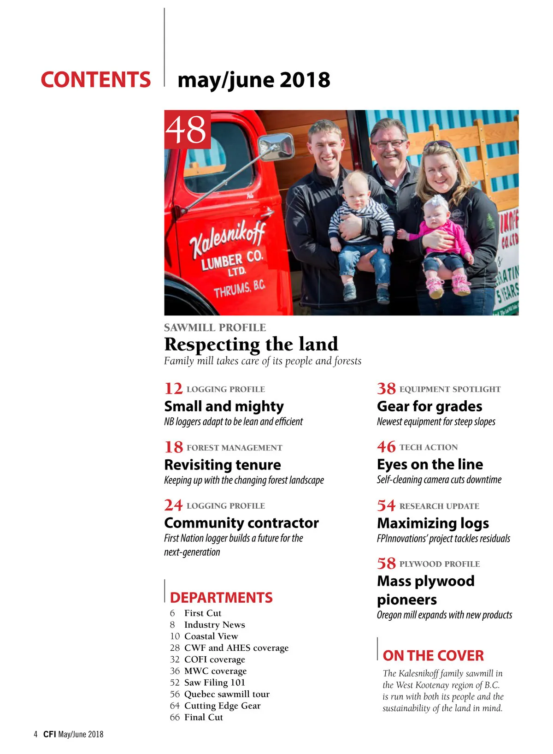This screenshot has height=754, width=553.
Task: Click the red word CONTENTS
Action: coord(95,79)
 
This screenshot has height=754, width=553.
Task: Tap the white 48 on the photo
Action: coord(187,130)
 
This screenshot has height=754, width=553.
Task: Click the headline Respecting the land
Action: coord(251,344)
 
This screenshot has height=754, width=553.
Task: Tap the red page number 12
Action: coord(173,389)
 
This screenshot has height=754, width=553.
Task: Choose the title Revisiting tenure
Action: coord(223,465)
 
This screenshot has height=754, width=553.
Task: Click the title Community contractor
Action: coord(241,523)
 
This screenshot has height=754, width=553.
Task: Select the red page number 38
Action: coord(386,389)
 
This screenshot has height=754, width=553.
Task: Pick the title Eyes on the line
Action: coord(430,464)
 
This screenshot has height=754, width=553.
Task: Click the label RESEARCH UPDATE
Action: coord(439,506)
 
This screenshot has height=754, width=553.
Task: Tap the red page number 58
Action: coord(386,564)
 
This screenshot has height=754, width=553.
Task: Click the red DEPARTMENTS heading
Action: coord(221,598)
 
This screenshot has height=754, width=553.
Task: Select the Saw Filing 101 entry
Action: coord(214,683)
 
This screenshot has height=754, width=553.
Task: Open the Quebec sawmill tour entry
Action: coord(226,694)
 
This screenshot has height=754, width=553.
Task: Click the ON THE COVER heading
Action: coord(433,656)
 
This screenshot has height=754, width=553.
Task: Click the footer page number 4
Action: coord(35,734)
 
